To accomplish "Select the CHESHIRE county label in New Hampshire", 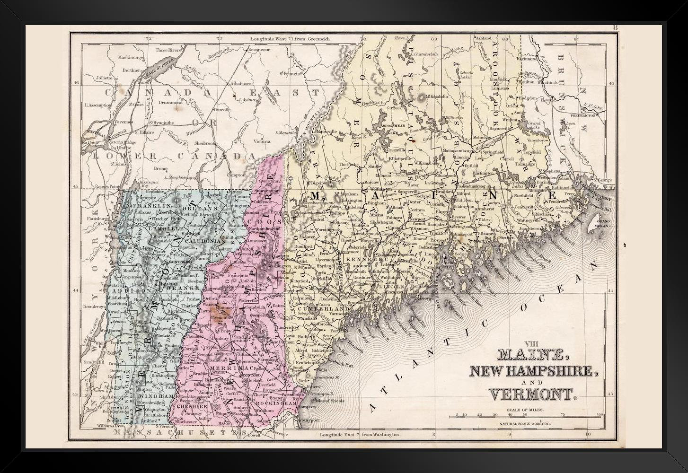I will click(x=192, y=405).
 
